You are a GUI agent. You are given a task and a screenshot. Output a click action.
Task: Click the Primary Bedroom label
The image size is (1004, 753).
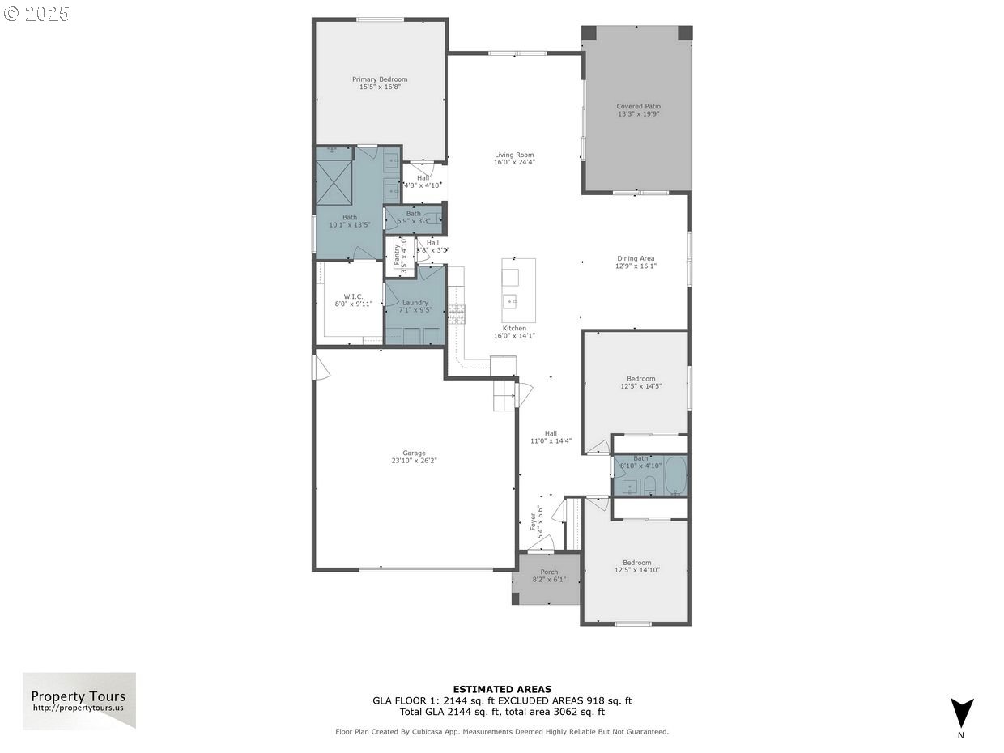[x=380, y=79]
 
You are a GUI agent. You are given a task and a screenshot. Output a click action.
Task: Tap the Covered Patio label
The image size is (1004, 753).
[x=638, y=106]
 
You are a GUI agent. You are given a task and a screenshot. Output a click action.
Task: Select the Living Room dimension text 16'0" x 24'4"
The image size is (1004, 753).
[x=514, y=162]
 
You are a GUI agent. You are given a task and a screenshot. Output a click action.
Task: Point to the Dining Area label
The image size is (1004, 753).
[x=636, y=258]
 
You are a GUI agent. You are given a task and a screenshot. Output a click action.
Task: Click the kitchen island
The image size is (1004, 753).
[x=518, y=290]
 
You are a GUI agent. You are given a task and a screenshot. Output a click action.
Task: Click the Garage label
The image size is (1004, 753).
[x=414, y=453]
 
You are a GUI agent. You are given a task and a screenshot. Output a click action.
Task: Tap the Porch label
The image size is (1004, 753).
[x=549, y=572]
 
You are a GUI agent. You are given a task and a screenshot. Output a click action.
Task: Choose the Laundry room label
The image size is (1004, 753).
[x=415, y=303]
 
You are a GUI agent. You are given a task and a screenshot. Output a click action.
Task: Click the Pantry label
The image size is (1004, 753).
[x=397, y=252]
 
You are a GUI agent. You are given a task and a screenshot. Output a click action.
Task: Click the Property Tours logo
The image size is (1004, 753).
[x=79, y=700]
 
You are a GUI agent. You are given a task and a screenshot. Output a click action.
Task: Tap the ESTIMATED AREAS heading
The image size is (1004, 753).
[x=502, y=689]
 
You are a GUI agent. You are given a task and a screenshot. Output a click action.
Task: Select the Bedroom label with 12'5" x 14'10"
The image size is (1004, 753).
[x=636, y=563]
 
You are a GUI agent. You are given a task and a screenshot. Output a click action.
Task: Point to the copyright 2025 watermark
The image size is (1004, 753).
[x=36, y=13]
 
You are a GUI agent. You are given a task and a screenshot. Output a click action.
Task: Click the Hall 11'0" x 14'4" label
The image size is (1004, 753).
[x=551, y=433]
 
